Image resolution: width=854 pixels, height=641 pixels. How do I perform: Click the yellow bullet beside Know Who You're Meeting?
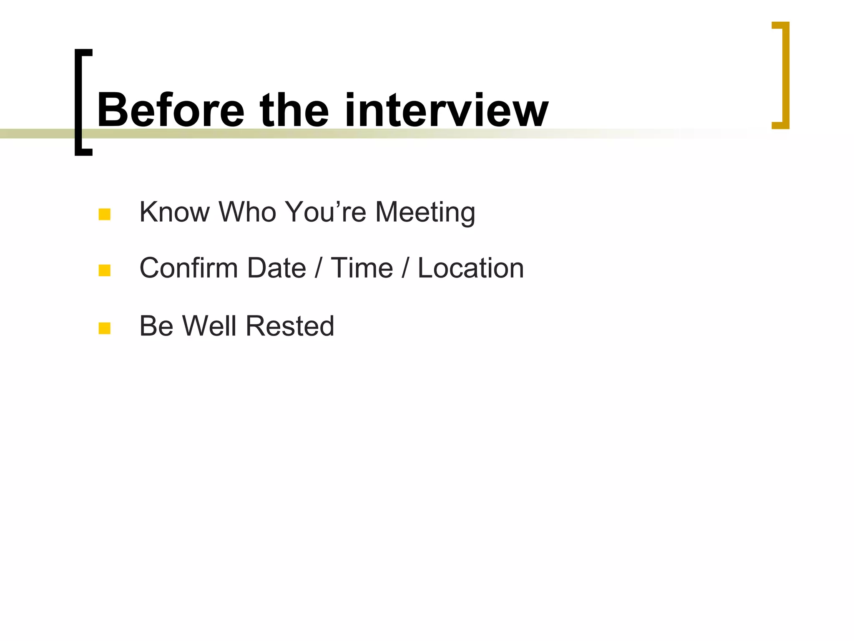click(x=104, y=215)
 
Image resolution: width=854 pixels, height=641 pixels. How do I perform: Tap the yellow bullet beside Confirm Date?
click(x=104, y=270)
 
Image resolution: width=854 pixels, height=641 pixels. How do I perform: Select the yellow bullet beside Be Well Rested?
click(x=104, y=328)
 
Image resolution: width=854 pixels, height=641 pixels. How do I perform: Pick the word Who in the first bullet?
click(x=248, y=212)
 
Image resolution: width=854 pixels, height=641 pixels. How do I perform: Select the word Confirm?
click(x=188, y=268)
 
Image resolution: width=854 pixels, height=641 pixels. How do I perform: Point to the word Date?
click(x=276, y=268)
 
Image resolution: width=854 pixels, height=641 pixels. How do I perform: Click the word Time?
click(x=362, y=268)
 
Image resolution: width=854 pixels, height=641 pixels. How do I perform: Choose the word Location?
click(x=470, y=268)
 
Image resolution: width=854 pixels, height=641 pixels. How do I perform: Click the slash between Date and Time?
click(x=318, y=268)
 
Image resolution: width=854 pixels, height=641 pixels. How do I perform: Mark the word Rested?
click(x=290, y=326)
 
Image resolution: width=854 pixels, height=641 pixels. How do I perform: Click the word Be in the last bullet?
click(x=156, y=326)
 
